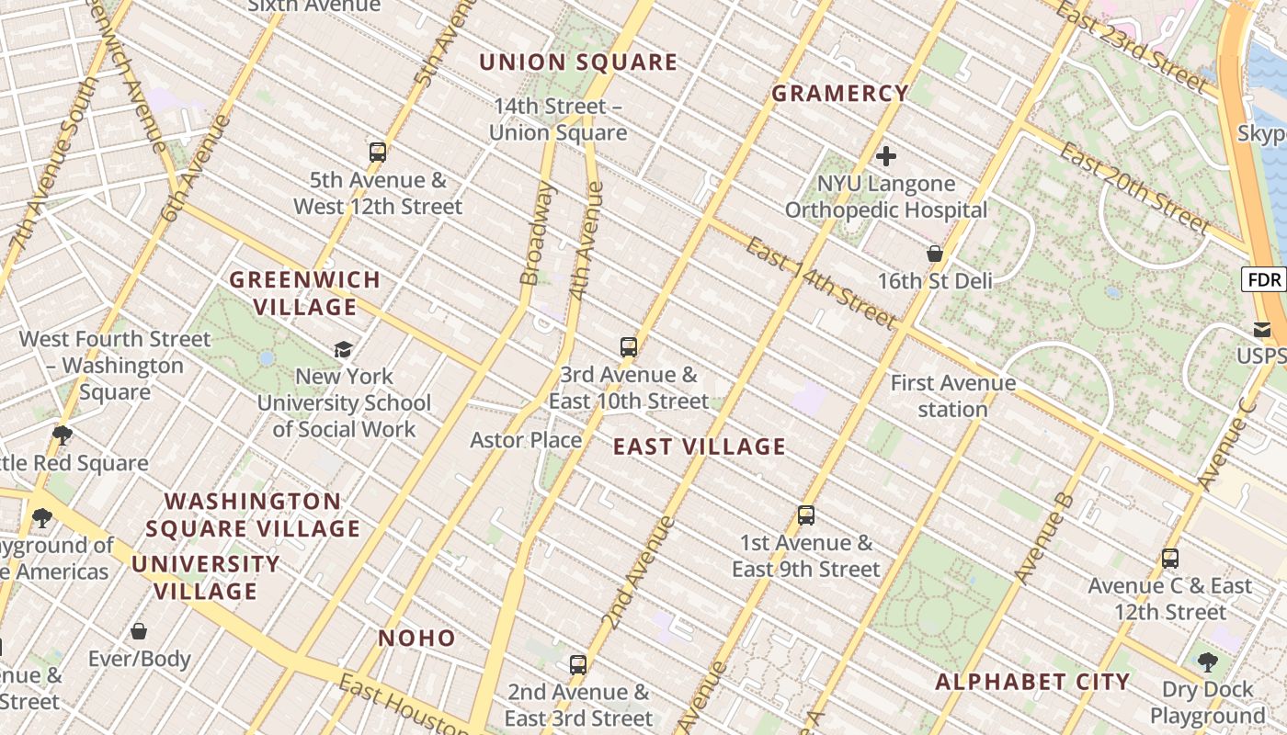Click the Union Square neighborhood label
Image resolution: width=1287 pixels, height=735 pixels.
[x=578, y=62]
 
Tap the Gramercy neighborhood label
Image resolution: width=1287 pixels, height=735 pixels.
[x=840, y=93]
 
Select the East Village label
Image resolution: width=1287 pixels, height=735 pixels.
[x=699, y=447]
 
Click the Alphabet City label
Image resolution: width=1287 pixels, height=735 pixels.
[x=1032, y=682]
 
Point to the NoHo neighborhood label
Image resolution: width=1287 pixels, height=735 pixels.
[x=417, y=638]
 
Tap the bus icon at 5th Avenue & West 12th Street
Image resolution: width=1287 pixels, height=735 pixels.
[x=378, y=153]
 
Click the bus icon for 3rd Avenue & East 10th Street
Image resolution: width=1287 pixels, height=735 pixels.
[x=629, y=347]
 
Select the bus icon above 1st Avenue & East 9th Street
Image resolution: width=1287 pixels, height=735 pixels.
[x=806, y=515]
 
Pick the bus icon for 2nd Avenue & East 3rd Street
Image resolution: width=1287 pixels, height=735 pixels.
[x=578, y=664]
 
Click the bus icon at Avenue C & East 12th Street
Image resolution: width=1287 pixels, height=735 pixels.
[x=1170, y=558]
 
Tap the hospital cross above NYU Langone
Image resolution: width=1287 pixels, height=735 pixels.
[x=886, y=156]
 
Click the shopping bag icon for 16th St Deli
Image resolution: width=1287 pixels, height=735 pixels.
[x=935, y=254]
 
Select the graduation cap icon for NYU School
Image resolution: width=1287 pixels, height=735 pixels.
[x=344, y=349]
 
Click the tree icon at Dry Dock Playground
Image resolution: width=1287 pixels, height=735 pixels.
[x=1208, y=661]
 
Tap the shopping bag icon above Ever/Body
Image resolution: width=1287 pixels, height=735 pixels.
[x=139, y=631]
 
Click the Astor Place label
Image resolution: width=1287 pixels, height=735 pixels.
[x=526, y=440]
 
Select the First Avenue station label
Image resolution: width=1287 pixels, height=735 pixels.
[x=953, y=395]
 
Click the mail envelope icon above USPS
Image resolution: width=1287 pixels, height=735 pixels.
[x=1262, y=329]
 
